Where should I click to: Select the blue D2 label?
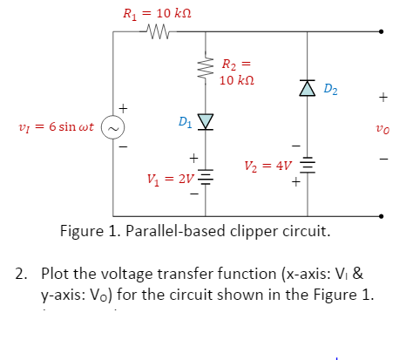point(331,88)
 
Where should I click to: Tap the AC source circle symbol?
point(114,127)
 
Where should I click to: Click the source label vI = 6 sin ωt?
point(50,127)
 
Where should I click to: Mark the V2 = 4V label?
point(265,166)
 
